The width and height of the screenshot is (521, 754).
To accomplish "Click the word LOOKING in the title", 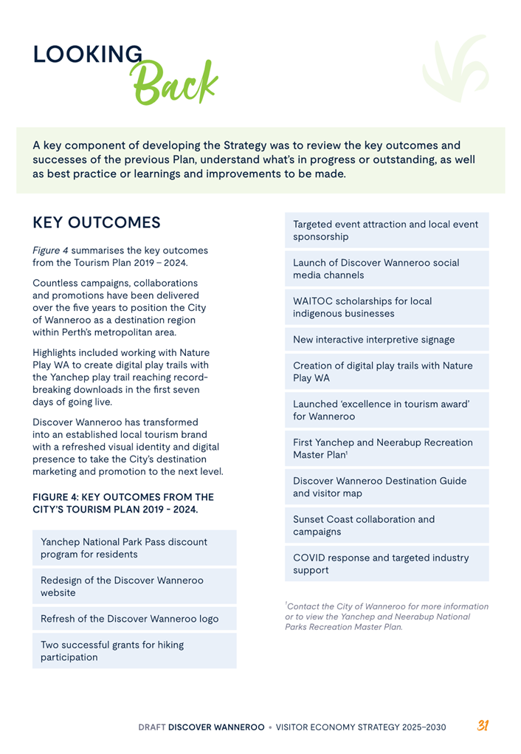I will tap(88, 55).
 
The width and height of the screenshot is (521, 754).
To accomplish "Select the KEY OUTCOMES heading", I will tap(97, 222).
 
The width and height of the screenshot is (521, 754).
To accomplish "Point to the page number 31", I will tap(483, 726).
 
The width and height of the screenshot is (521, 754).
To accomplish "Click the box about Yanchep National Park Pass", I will tap(134, 548).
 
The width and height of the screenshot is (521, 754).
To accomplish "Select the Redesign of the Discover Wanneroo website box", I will tap(134, 586).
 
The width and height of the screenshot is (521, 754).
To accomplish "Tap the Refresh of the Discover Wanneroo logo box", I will tap(134, 619).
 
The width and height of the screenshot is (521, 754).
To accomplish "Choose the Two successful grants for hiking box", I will tap(134, 651).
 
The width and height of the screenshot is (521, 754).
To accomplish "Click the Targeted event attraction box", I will tap(387, 230).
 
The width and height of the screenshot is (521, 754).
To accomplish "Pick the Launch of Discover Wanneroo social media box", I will tap(387, 269).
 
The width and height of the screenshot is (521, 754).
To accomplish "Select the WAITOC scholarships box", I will tap(387, 307).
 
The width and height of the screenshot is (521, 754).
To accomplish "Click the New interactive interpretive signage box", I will tap(387, 340).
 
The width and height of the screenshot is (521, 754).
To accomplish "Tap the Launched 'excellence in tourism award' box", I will tap(387, 410).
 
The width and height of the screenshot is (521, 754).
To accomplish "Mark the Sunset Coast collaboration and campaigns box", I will tap(387, 525).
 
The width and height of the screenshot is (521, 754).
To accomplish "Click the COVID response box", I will tap(387, 563).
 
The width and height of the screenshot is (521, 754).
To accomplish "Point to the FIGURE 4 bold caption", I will tap(123, 503).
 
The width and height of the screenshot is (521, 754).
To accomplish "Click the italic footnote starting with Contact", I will tap(386, 617).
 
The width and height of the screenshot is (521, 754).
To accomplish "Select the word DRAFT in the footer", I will tap(151, 727).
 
